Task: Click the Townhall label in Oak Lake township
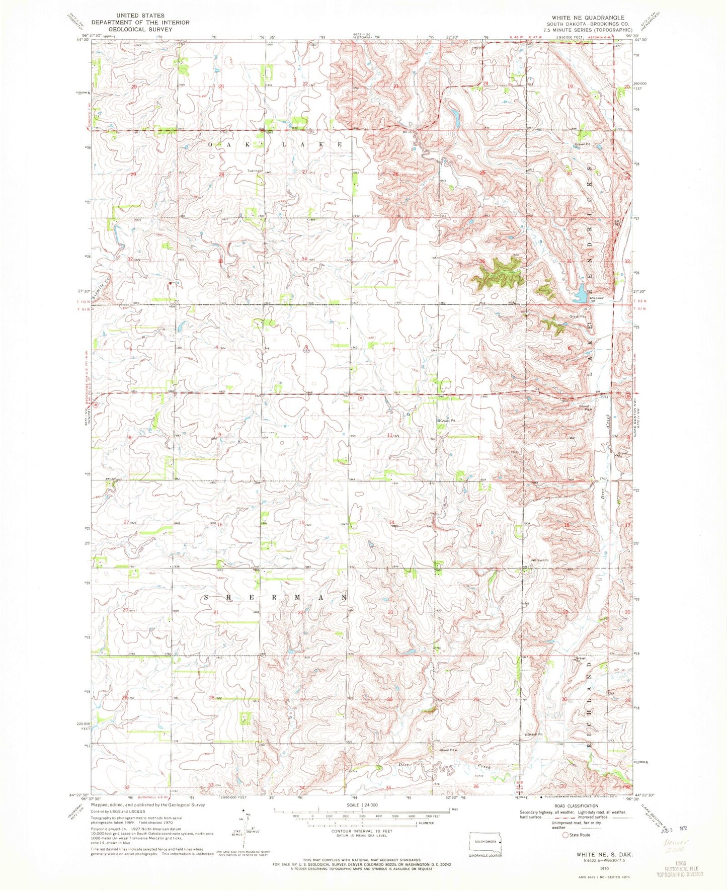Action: pos(255,171)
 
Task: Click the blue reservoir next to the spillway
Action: pos(580,293)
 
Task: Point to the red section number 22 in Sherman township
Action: pos(301,612)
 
